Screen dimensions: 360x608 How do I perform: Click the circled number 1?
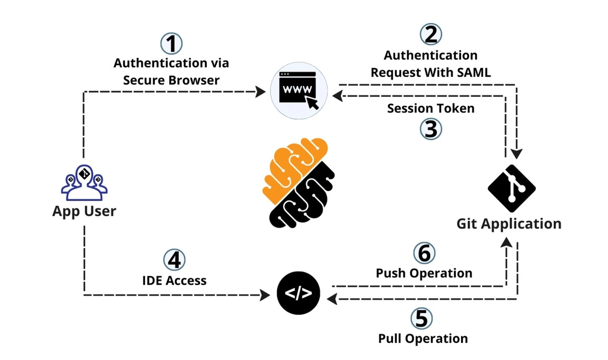(x=171, y=44)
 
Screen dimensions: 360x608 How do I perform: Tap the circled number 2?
(x=431, y=34)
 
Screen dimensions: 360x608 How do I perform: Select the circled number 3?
(x=431, y=129)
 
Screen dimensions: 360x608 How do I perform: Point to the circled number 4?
(x=174, y=260)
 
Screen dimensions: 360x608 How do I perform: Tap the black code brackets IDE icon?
(x=298, y=294)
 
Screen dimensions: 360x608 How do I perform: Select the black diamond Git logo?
(x=512, y=188)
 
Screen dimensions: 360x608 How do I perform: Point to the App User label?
(x=84, y=211)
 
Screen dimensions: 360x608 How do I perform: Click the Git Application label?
(x=509, y=223)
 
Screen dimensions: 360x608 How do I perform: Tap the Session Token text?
(x=431, y=108)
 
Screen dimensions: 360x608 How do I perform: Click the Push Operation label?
(x=424, y=273)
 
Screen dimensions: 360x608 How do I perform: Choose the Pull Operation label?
(x=423, y=338)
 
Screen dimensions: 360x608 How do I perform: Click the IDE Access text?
(x=174, y=280)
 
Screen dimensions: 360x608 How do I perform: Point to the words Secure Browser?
(x=171, y=80)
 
